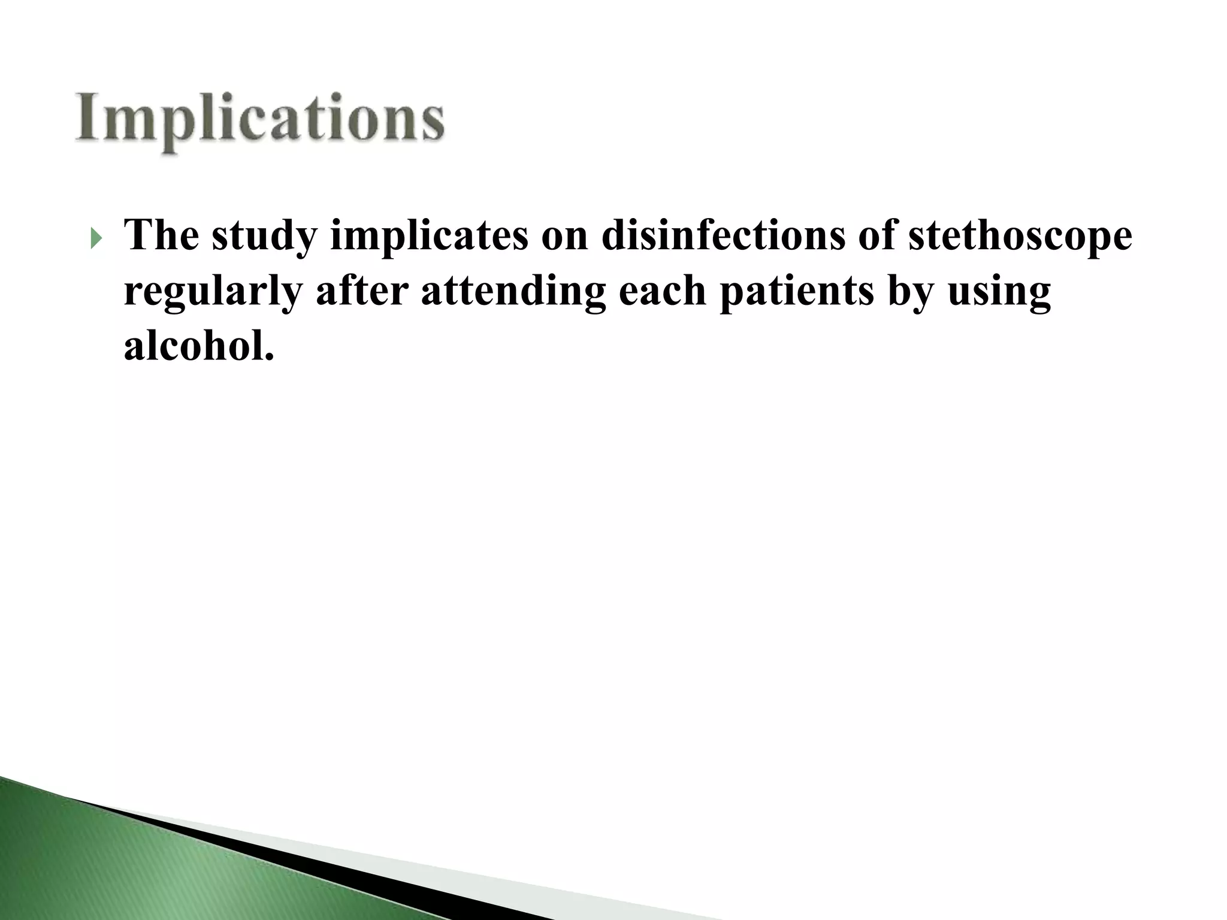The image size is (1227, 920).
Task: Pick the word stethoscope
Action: click(1020, 236)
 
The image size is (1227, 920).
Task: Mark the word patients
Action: click(796, 292)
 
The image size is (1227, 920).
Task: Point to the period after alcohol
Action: click(269, 358)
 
